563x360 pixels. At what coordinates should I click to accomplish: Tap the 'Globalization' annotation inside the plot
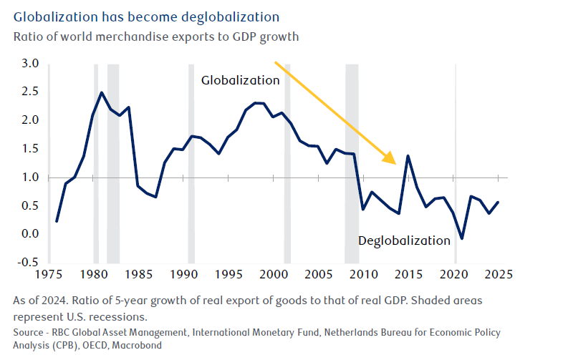pyautogui.click(x=240, y=81)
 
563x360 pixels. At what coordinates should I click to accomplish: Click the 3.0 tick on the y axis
pyautogui.click(x=29, y=64)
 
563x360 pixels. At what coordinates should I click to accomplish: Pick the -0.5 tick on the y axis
pyautogui.click(x=28, y=262)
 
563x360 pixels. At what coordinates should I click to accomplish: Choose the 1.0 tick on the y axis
pyautogui.click(x=29, y=177)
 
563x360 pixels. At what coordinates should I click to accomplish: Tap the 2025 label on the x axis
pyautogui.click(x=499, y=275)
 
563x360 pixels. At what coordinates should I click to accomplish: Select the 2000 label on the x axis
pyautogui.click(x=273, y=275)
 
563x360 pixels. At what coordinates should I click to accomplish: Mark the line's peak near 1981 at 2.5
pyautogui.click(x=102, y=92)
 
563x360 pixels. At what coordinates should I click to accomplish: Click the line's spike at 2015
pyautogui.click(x=408, y=156)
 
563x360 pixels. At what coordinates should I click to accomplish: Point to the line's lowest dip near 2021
pyautogui.click(x=462, y=238)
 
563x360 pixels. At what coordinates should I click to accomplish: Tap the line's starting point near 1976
pyautogui.click(x=57, y=221)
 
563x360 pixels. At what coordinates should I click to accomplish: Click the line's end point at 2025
pyautogui.click(x=499, y=202)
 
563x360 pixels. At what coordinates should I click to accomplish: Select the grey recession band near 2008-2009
pyautogui.click(x=351, y=163)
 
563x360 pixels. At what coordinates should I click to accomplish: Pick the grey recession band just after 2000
pyautogui.click(x=287, y=163)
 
